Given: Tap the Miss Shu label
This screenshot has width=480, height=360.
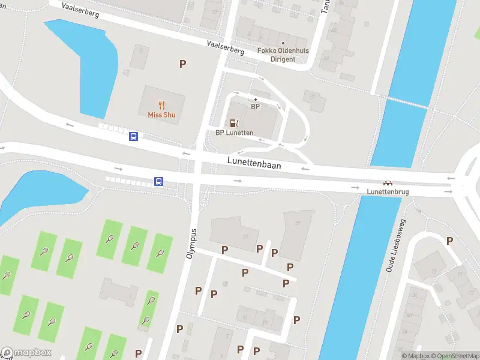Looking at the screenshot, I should click(161, 115).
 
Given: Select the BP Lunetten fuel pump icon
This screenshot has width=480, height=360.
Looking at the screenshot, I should click(234, 123).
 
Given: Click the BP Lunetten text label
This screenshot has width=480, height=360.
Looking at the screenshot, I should click(235, 133).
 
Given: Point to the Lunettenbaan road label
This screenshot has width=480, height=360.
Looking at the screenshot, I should click(254, 161).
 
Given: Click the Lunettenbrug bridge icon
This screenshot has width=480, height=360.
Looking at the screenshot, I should click(388, 183).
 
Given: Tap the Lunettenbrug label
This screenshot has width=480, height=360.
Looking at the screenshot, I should click(388, 191).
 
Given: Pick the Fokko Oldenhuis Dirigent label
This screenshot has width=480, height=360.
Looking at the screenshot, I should click(283, 55).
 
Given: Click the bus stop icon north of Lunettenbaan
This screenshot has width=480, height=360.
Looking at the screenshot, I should click(133, 136).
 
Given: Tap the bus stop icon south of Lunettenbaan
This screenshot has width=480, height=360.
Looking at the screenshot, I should click(159, 181).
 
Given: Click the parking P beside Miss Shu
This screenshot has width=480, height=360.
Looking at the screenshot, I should click(182, 64).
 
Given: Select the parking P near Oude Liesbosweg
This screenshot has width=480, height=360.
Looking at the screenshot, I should click(449, 241).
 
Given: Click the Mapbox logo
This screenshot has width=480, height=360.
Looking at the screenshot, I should click(26, 353).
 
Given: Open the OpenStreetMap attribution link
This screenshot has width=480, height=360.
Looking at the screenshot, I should click(454, 356).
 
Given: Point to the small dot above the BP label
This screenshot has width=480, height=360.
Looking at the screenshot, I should click(256, 99).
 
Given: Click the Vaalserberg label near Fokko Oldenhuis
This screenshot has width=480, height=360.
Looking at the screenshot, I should click(225, 47).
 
